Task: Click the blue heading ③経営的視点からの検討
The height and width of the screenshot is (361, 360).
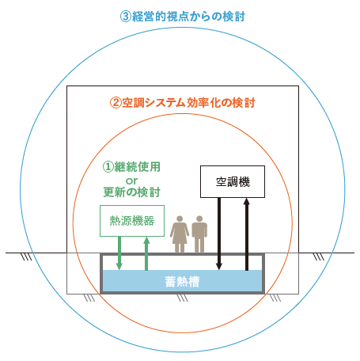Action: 183,17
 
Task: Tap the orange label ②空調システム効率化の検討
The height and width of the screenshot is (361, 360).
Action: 183,103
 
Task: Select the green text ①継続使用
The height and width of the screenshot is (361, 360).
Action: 131,167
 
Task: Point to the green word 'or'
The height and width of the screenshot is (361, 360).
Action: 131,181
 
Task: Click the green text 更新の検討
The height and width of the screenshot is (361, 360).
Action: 131,192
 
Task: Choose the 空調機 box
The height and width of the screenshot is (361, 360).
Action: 233,181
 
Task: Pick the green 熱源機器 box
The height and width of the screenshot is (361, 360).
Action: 132,221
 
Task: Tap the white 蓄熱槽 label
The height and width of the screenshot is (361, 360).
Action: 182,282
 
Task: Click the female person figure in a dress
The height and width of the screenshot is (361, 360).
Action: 180,234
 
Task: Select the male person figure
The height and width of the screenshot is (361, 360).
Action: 199,234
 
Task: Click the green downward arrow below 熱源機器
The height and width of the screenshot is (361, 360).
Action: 119,253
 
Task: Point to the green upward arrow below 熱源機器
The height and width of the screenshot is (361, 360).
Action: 146,253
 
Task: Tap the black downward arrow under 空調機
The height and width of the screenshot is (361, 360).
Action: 219,234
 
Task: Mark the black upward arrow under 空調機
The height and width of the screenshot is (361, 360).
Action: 247,234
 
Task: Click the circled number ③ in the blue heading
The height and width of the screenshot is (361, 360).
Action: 126,17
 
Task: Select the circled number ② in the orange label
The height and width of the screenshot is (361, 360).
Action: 116,103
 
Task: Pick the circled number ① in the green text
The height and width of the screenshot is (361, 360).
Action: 108,167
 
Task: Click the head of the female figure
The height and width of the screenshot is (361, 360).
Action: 180,219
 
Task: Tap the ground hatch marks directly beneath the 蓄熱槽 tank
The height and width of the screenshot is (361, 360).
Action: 182,298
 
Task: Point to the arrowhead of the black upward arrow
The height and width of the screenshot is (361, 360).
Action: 247,202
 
